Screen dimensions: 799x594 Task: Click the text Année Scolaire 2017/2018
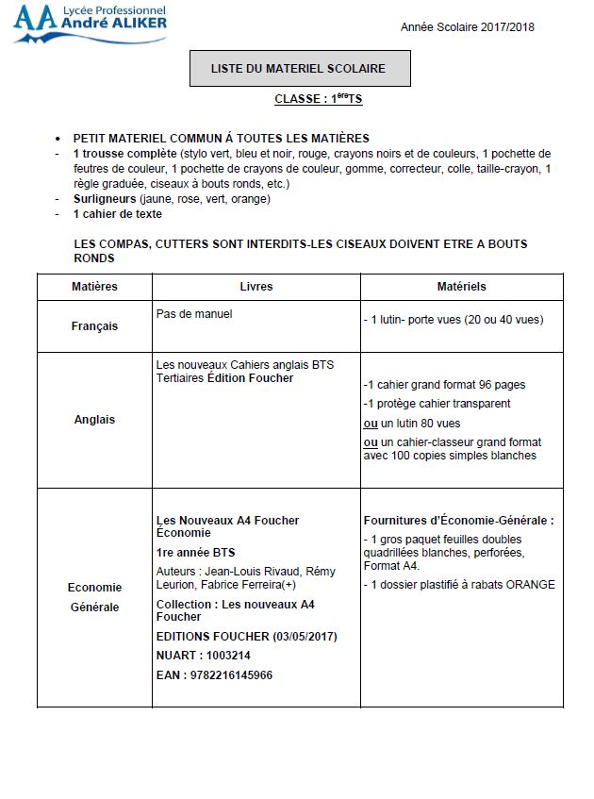467,27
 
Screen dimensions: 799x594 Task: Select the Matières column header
94,287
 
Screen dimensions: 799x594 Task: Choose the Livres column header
256,287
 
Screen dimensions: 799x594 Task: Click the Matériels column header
461,287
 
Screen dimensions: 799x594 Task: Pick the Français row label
94,326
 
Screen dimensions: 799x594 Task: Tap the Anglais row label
94,420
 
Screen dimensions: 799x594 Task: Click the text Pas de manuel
193,314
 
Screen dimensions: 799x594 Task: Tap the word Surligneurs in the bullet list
105,199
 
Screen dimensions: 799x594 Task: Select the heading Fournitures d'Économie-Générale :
458,521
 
